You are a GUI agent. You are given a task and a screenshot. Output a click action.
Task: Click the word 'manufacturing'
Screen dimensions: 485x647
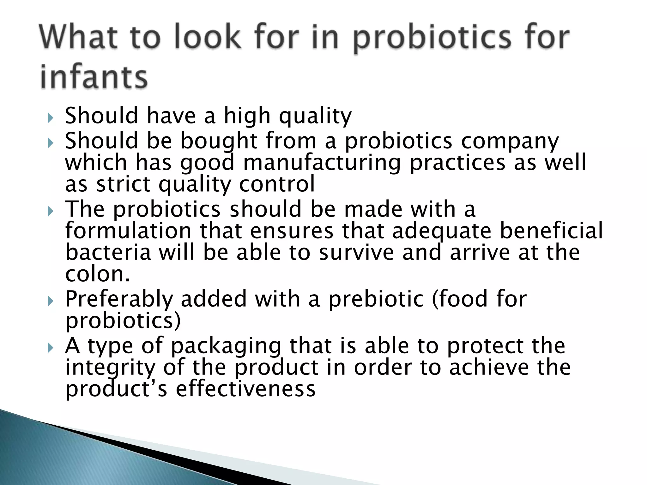click(322, 163)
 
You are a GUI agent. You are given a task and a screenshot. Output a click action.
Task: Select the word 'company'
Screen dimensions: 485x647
click(510, 141)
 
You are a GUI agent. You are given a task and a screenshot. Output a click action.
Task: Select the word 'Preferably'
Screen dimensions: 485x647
click(119, 299)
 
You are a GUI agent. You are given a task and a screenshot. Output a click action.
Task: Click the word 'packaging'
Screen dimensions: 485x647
click(226, 346)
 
